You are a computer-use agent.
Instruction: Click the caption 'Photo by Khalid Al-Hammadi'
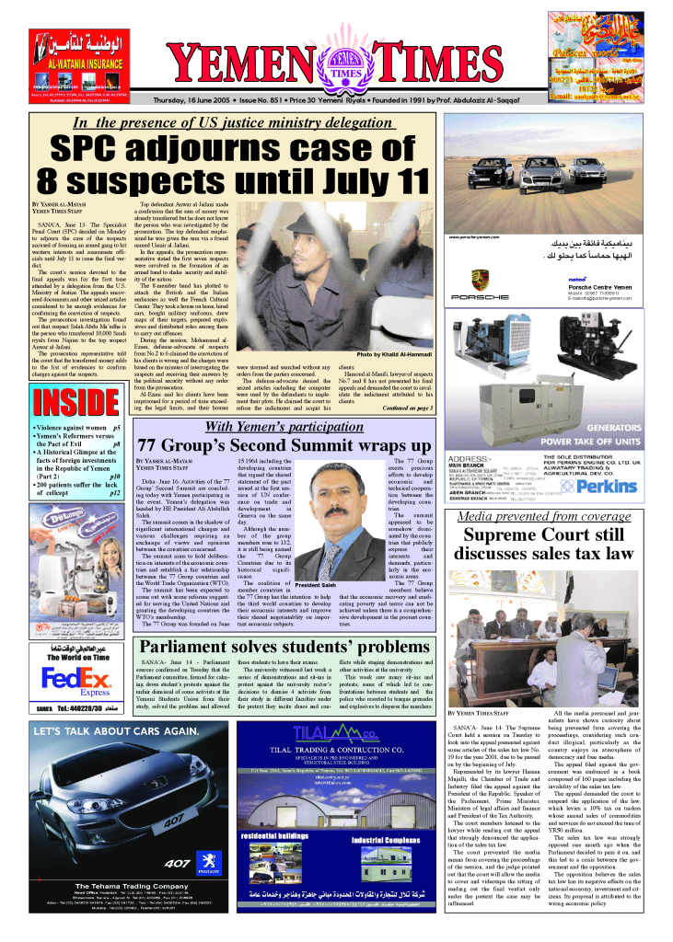[393, 354]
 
